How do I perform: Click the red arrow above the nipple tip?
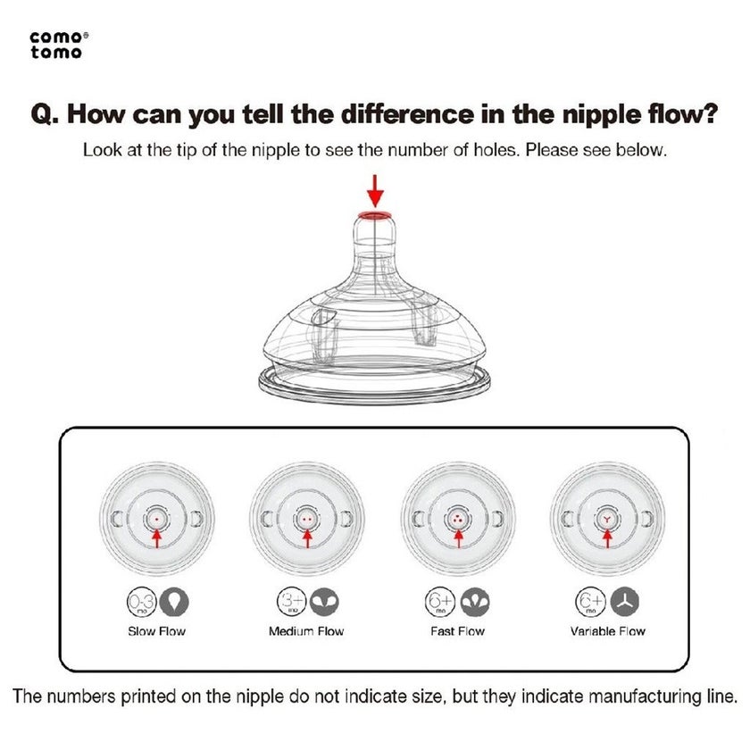point(376,190)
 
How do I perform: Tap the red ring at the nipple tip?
point(375,216)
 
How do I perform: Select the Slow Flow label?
point(156,631)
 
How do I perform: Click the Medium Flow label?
point(306,631)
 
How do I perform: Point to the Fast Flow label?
point(457,631)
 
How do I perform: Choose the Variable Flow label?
point(607,631)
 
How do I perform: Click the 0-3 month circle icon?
point(142,602)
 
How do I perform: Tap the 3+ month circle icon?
point(292,602)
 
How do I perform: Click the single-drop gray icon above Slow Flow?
point(174,602)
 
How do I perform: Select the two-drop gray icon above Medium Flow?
point(324,602)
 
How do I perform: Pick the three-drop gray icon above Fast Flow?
point(475,602)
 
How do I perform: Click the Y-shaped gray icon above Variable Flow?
point(625,602)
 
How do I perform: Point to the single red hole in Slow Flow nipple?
point(157,519)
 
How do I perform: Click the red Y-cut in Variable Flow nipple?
point(607,520)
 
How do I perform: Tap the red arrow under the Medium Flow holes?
point(307,538)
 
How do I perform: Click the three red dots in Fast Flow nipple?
point(458,519)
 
